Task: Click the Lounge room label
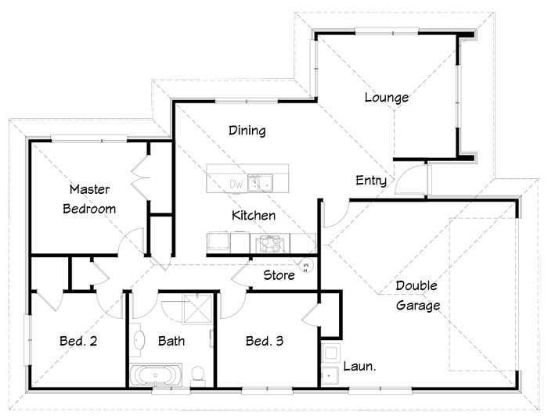tap(387, 98)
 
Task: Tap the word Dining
tap(247, 131)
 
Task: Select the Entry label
tap(371, 181)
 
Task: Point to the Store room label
tap(279, 275)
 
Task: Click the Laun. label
tap(359, 367)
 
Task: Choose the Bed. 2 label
tap(78, 341)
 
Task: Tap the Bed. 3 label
tap(265, 341)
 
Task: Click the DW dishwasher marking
tap(236, 184)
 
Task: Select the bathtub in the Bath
tap(156, 375)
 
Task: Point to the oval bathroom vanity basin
tap(139, 340)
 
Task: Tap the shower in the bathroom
tap(198, 309)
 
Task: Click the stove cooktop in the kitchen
tap(270, 244)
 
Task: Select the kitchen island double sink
tap(261, 183)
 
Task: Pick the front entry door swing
tap(411, 179)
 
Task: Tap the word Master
tap(89, 189)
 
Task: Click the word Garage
tap(418, 306)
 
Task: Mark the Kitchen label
tap(254, 216)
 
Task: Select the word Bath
tap(171, 341)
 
